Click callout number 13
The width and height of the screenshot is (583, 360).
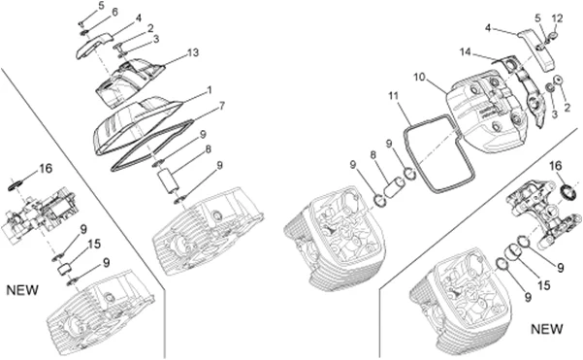193,52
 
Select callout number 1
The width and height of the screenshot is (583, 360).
210,90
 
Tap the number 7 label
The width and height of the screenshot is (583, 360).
221,106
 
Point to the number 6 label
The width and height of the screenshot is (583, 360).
114,13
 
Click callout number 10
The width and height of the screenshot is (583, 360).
419,78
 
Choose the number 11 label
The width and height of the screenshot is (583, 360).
394,96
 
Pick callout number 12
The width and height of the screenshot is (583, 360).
557,18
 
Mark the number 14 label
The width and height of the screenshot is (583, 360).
465,52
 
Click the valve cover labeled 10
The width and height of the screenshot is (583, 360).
487,112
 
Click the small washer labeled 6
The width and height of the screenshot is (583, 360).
84,34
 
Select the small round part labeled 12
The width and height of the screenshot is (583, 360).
553,36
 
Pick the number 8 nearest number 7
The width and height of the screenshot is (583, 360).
208,149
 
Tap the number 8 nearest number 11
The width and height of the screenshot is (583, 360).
373,155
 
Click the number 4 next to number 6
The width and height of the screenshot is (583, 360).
138,18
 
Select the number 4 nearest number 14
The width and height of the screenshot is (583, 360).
488,28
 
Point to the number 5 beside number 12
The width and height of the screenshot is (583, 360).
538,17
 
